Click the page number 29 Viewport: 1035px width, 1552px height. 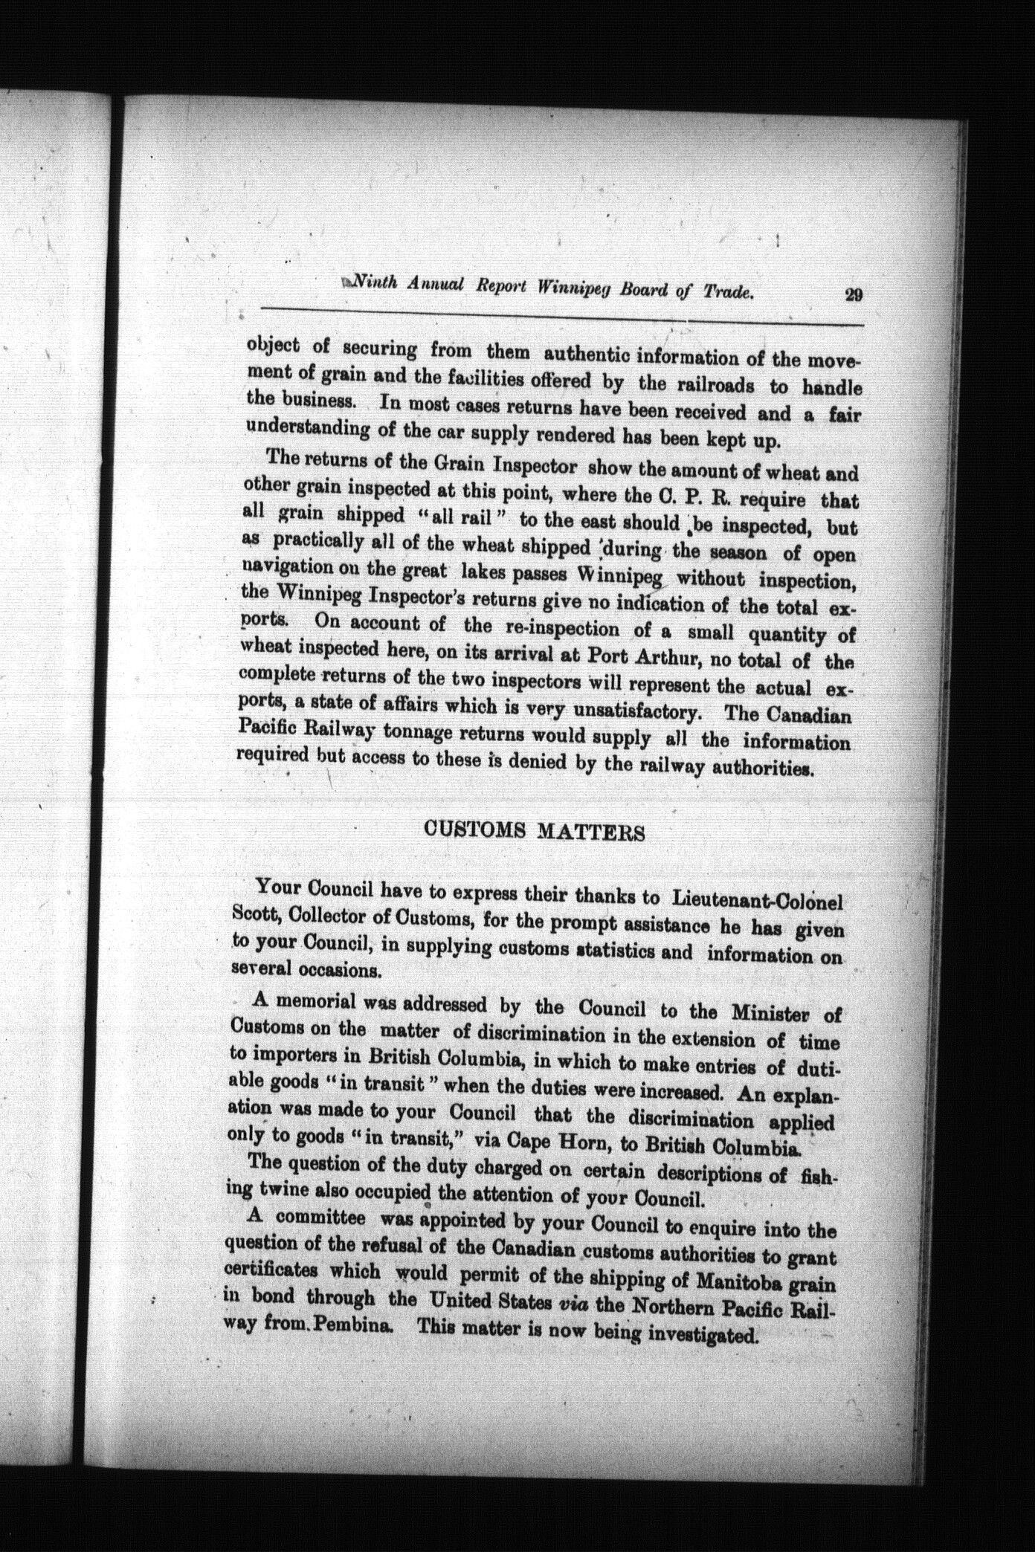(x=853, y=294)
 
